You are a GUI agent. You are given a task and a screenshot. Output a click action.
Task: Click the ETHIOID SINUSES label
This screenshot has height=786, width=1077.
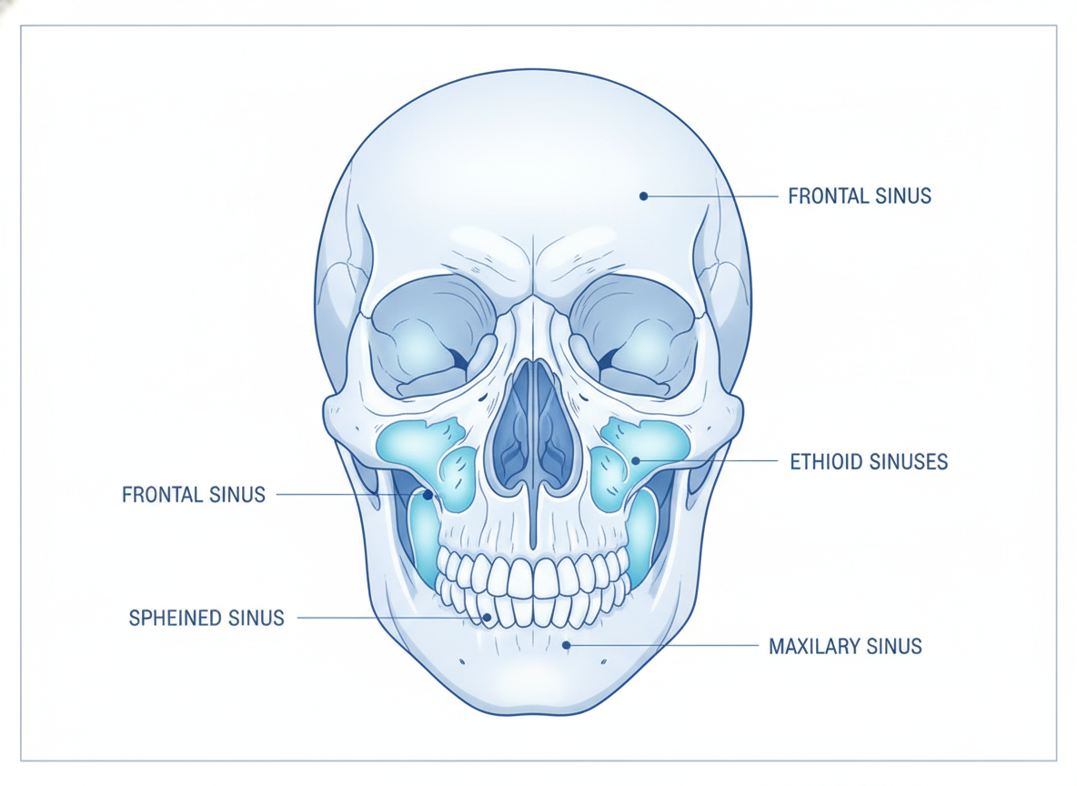[868, 462]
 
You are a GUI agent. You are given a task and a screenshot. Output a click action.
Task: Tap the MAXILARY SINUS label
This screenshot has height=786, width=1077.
[845, 647]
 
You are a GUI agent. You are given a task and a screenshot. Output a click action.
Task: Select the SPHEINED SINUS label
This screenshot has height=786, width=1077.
[206, 619]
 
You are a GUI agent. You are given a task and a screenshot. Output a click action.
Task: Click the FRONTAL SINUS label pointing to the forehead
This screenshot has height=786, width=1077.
[860, 196]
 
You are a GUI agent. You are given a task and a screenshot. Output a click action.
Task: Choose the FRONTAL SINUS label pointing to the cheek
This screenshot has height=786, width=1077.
[194, 495]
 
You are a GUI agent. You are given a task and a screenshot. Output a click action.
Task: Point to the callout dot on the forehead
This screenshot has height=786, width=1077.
[644, 196]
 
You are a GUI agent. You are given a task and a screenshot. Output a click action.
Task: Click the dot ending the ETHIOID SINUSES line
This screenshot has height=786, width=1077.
[636, 460]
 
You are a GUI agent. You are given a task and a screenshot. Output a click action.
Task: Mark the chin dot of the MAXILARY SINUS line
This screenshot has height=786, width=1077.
[566, 645]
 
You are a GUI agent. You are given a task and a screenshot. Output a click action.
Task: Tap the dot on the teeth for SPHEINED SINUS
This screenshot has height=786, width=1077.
[487, 618]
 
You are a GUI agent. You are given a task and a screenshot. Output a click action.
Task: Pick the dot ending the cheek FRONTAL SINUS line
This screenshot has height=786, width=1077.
[428, 495]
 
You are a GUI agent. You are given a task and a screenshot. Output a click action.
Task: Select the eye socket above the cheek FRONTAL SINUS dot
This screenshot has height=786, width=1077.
[433, 337]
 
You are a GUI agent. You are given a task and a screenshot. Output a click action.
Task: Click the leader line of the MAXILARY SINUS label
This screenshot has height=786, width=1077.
[662, 646]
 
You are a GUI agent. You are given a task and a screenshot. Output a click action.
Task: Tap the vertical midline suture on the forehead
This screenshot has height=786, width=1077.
[534, 265]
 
